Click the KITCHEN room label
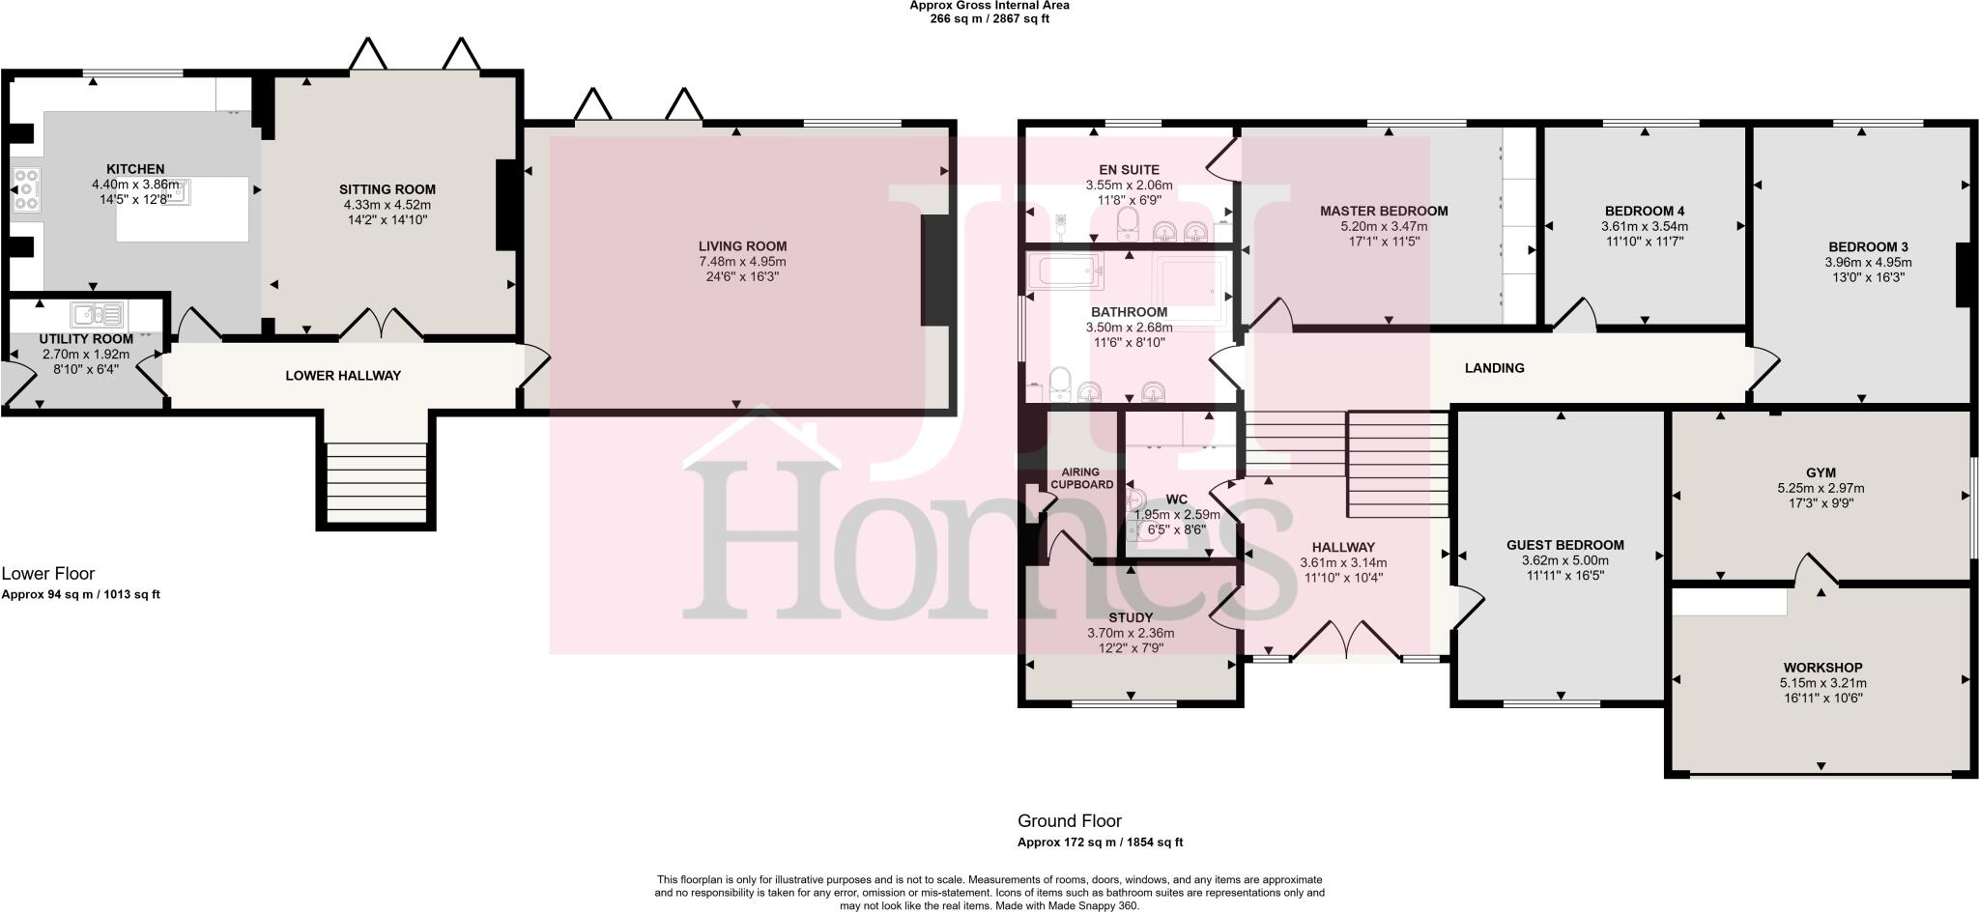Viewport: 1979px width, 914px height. (135, 169)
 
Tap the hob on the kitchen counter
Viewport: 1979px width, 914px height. (25, 189)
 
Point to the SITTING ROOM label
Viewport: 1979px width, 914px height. (387, 189)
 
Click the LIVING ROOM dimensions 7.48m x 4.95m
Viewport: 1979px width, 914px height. (742, 262)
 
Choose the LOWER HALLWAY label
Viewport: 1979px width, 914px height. (342, 375)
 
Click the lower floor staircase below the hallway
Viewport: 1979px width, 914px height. (376, 483)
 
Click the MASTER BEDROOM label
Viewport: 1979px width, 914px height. (1384, 211)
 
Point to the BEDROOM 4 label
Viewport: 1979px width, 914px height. (1644, 211)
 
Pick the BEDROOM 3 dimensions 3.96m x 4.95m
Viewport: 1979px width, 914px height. (1867, 262)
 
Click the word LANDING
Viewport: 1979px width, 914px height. (1494, 368)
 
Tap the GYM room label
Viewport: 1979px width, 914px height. (1821, 472)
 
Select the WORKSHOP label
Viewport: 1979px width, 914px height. (1822, 668)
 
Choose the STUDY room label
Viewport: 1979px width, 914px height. (1130, 617)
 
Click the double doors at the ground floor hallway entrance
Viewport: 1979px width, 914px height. (1345, 641)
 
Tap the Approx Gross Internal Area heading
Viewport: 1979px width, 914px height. (989, 6)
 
